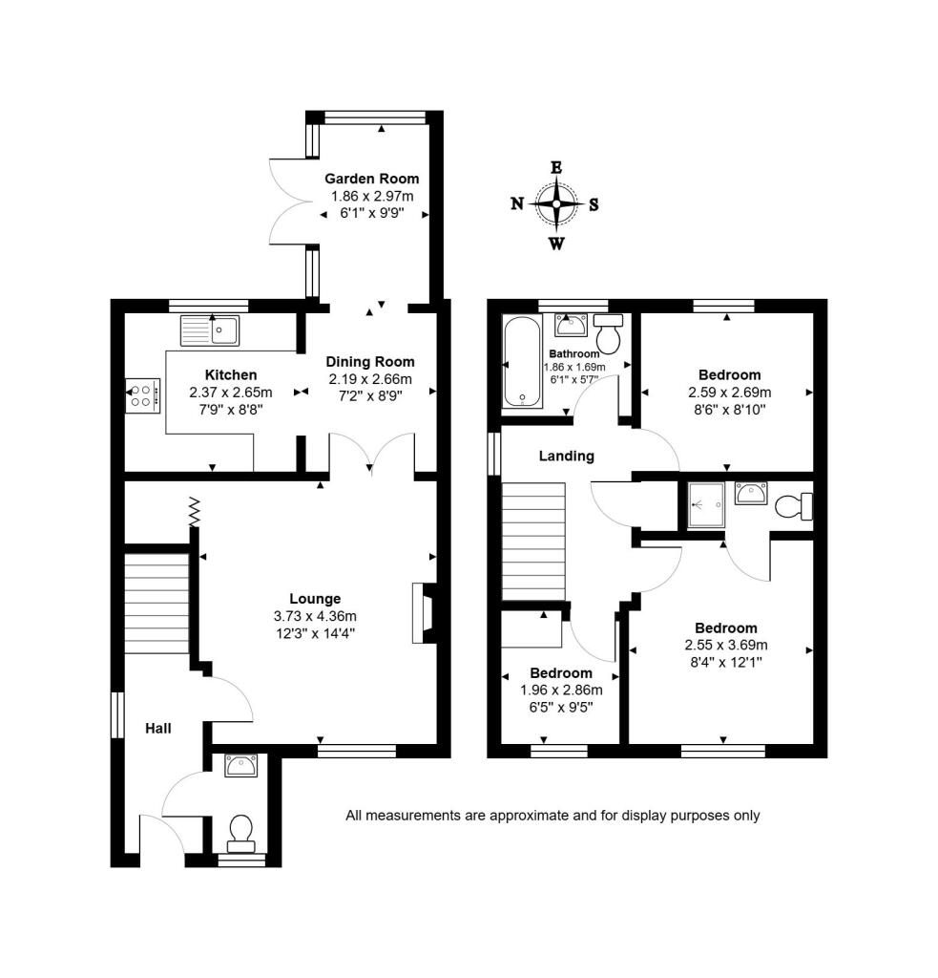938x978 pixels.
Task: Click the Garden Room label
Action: (371, 179)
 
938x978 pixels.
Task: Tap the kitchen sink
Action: (210, 330)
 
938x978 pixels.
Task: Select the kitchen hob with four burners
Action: (143, 395)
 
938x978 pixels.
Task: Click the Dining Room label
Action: (370, 362)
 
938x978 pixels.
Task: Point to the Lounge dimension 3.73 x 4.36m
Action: (315, 616)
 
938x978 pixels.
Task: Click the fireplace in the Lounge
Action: (424, 613)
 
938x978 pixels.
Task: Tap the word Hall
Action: (158, 729)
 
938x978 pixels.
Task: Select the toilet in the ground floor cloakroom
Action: (240, 834)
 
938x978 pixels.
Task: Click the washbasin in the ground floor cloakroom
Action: (241, 765)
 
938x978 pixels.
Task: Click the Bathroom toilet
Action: (608, 333)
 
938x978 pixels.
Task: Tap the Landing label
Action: (567, 456)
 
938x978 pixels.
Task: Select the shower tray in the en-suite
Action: (706, 504)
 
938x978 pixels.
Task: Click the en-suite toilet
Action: (793, 506)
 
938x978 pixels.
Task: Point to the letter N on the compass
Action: (517, 204)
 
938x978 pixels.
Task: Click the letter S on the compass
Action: (594, 204)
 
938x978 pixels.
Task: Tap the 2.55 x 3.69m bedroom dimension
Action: (726, 646)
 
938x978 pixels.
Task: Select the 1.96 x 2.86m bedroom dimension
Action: (561, 691)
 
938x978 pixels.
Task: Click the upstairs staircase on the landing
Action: (533, 542)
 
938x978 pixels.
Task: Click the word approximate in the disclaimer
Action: (529, 816)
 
